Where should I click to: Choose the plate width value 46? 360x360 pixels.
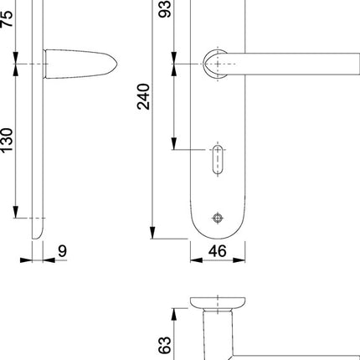[217, 250]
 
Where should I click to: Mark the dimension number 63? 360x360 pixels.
[165, 343]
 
